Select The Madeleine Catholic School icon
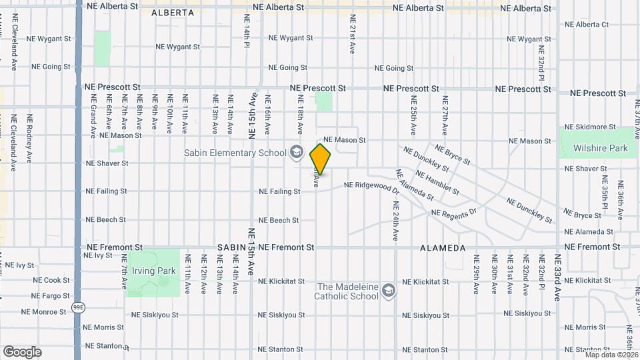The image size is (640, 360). pos(389,291)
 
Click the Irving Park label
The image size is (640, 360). pos(153,271)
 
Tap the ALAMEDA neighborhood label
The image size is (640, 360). pos(443,247)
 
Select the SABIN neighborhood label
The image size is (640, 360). pos(231,247)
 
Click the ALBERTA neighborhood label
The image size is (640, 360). pos(173,12)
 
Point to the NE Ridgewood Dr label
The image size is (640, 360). pos(371,186)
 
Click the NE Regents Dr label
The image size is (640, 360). pos(454,213)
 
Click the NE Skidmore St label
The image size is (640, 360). pos(589,127)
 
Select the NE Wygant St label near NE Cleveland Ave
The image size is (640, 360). pos(49,39)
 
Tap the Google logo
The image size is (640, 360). pos(22,352)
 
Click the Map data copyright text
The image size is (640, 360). pos(611,355)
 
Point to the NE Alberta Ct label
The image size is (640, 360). pos(587,25)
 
